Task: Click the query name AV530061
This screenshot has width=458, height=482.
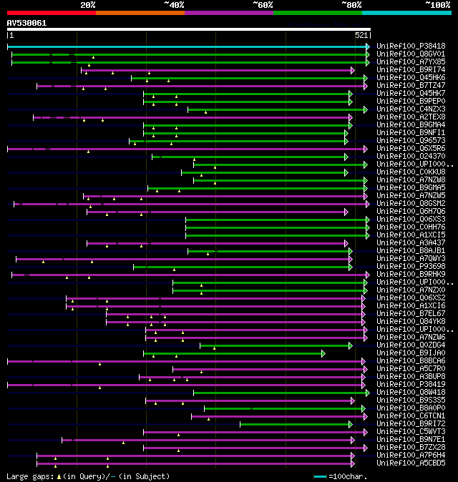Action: click(x=27, y=23)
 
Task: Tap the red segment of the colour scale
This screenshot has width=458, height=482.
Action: click(x=51, y=12)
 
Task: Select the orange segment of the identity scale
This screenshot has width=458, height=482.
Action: click(x=140, y=12)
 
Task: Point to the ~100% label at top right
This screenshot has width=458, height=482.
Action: click(x=437, y=4)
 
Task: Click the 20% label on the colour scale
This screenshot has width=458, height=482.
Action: click(x=88, y=4)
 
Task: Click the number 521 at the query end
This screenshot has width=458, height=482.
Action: click(x=361, y=35)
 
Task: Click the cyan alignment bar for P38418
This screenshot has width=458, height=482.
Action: click(x=186, y=46)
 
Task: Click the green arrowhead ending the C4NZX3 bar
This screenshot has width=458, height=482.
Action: click(x=366, y=109)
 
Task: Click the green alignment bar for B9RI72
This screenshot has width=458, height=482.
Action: click(x=301, y=424)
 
